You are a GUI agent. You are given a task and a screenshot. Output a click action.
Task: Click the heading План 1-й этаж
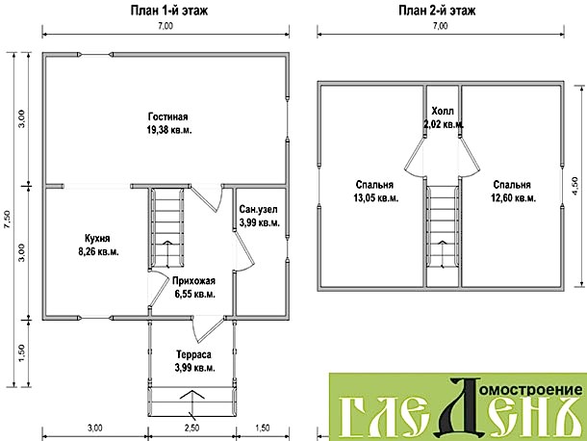click(168, 11)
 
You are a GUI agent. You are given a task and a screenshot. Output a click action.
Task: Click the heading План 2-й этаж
click(437, 11)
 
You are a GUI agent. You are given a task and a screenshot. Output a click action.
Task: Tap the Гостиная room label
click(167, 117)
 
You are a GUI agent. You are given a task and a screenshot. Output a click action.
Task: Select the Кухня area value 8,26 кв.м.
click(98, 251)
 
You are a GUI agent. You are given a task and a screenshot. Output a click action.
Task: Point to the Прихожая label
click(193, 281)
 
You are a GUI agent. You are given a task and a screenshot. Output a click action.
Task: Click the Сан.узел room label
click(258, 209)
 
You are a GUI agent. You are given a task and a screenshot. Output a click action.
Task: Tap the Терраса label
click(193, 354)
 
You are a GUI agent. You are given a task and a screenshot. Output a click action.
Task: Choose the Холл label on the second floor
click(443, 111)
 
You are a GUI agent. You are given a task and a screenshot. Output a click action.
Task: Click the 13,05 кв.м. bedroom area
click(376, 197)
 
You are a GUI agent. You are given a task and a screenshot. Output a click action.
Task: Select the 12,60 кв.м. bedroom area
click(513, 197)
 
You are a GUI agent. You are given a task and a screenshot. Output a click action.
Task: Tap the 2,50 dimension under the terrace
click(192, 428)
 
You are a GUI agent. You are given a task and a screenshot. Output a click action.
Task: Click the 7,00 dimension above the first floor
click(166, 26)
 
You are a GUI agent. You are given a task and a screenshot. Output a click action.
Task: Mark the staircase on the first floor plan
click(167, 228)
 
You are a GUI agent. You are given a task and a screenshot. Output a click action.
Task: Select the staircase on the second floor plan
click(443, 226)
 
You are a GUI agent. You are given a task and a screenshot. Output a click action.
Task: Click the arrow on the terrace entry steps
click(192, 403)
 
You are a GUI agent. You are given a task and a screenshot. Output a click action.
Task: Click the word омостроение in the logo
click(531, 390)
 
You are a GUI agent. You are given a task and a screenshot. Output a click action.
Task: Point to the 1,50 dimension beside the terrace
click(21, 352)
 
